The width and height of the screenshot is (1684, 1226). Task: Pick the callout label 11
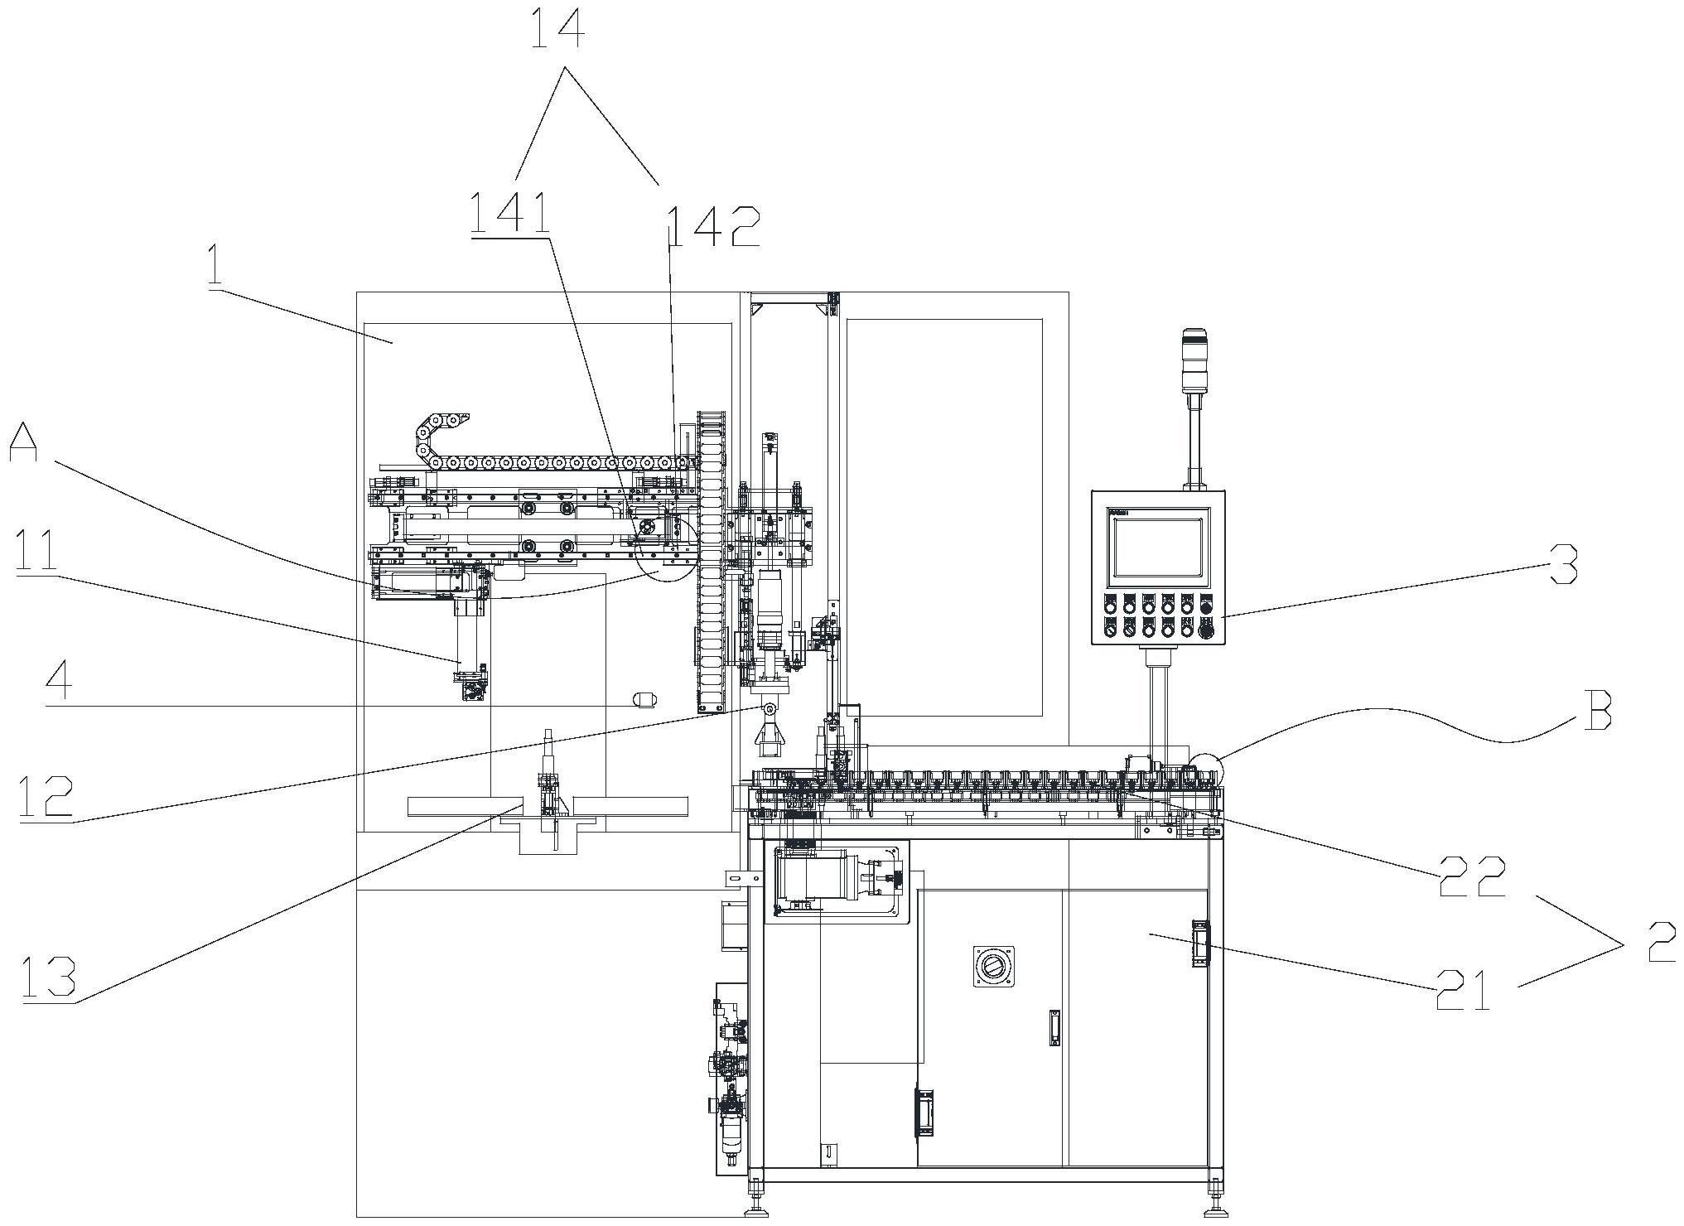pyautogui.click(x=35, y=550)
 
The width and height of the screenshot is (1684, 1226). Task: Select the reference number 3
pyautogui.click(x=1562, y=564)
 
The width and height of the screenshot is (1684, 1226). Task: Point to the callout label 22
pyautogui.click(x=1471, y=876)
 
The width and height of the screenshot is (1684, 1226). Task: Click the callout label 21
pyautogui.click(x=1463, y=989)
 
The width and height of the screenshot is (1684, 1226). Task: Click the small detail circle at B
pyautogui.click(x=1205, y=766)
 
